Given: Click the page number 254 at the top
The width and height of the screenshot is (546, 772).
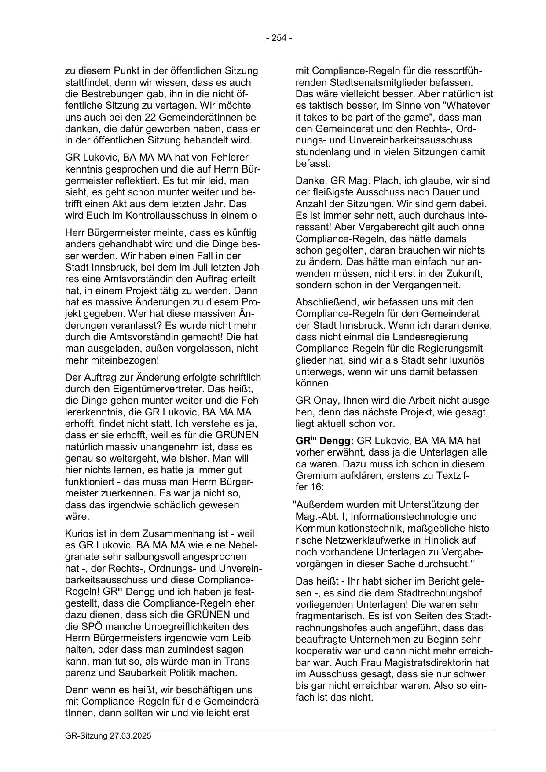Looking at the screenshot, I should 279,38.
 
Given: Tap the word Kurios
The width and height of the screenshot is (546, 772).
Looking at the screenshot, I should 78,534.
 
